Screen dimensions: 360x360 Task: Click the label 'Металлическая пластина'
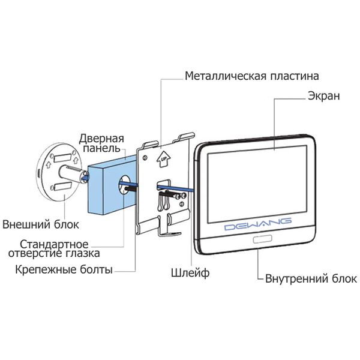251,77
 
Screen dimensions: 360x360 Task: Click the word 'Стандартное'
54,245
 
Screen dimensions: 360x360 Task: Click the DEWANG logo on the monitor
257,225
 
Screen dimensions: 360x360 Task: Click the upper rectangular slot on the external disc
65,160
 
